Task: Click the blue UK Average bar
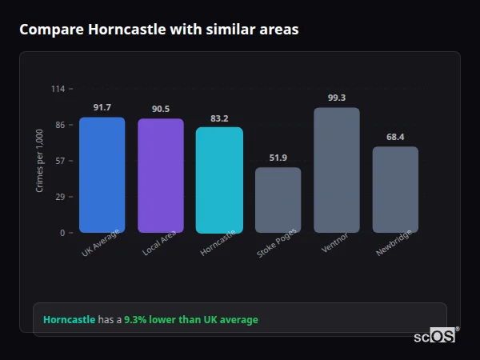click(102, 175)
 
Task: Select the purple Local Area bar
click(161, 176)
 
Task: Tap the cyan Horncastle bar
click(219, 180)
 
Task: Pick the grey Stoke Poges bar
click(278, 200)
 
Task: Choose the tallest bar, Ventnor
click(337, 170)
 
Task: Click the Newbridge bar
click(395, 190)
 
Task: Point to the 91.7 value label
click(102, 107)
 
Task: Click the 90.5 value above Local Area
click(161, 109)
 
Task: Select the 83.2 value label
click(219, 118)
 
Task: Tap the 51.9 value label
click(278, 158)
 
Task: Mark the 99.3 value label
click(337, 98)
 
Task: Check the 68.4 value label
click(395, 137)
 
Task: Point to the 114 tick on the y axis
click(58, 89)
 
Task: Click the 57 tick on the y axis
click(59, 161)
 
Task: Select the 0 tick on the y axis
click(62, 233)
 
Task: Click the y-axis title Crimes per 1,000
click(40, 160)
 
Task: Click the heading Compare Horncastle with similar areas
click(159, 30)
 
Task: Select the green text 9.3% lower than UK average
click(191, 320)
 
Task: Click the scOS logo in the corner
click(434, 336)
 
